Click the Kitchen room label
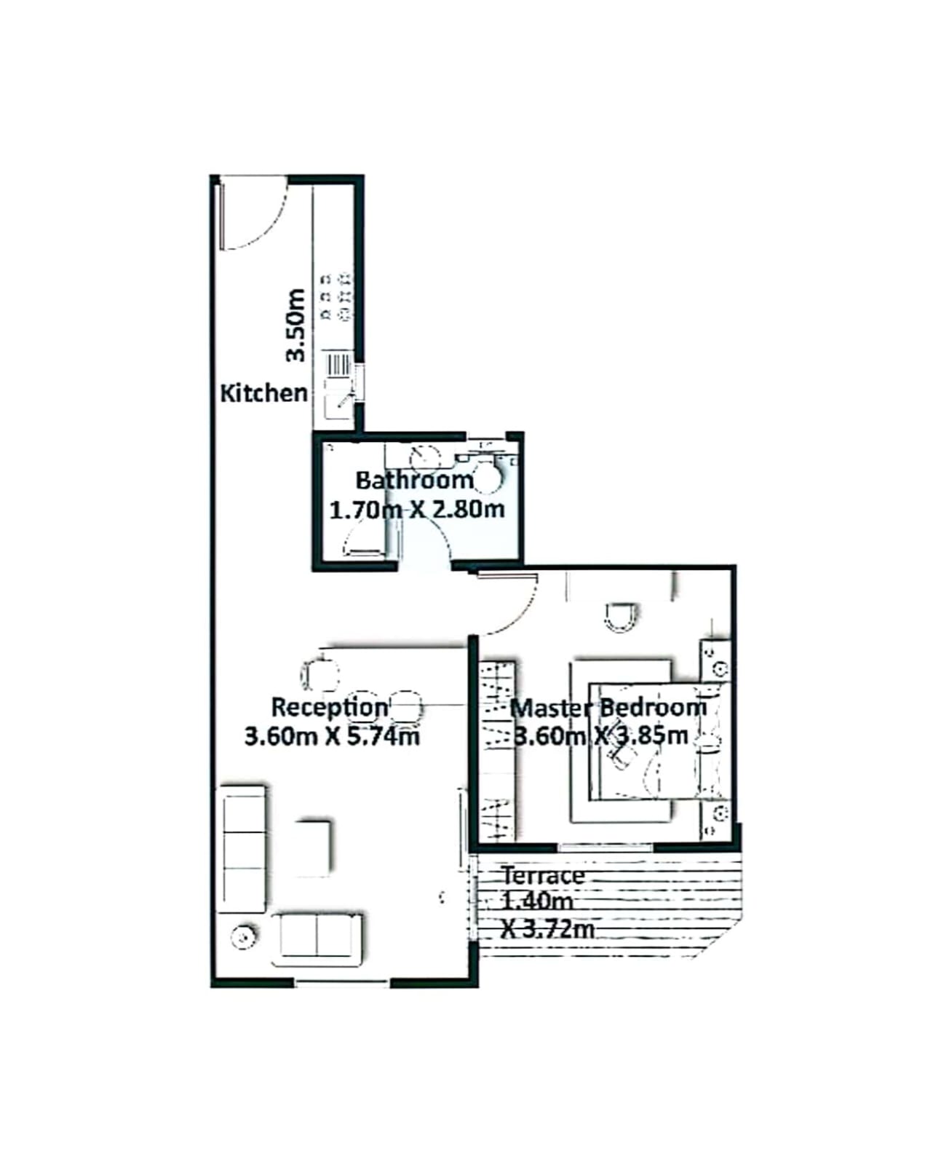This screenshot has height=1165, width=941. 263,393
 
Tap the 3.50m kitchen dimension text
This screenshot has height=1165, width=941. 296,325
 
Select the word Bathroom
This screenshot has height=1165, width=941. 414,481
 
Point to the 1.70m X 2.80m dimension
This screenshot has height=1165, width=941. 416,510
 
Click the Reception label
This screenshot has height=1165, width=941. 330,707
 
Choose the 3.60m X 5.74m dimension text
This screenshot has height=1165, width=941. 332,736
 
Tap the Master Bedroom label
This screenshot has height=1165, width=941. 608,708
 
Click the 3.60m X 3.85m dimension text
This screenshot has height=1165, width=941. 601,735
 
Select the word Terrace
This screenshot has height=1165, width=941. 543,876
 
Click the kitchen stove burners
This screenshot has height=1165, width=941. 335,296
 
